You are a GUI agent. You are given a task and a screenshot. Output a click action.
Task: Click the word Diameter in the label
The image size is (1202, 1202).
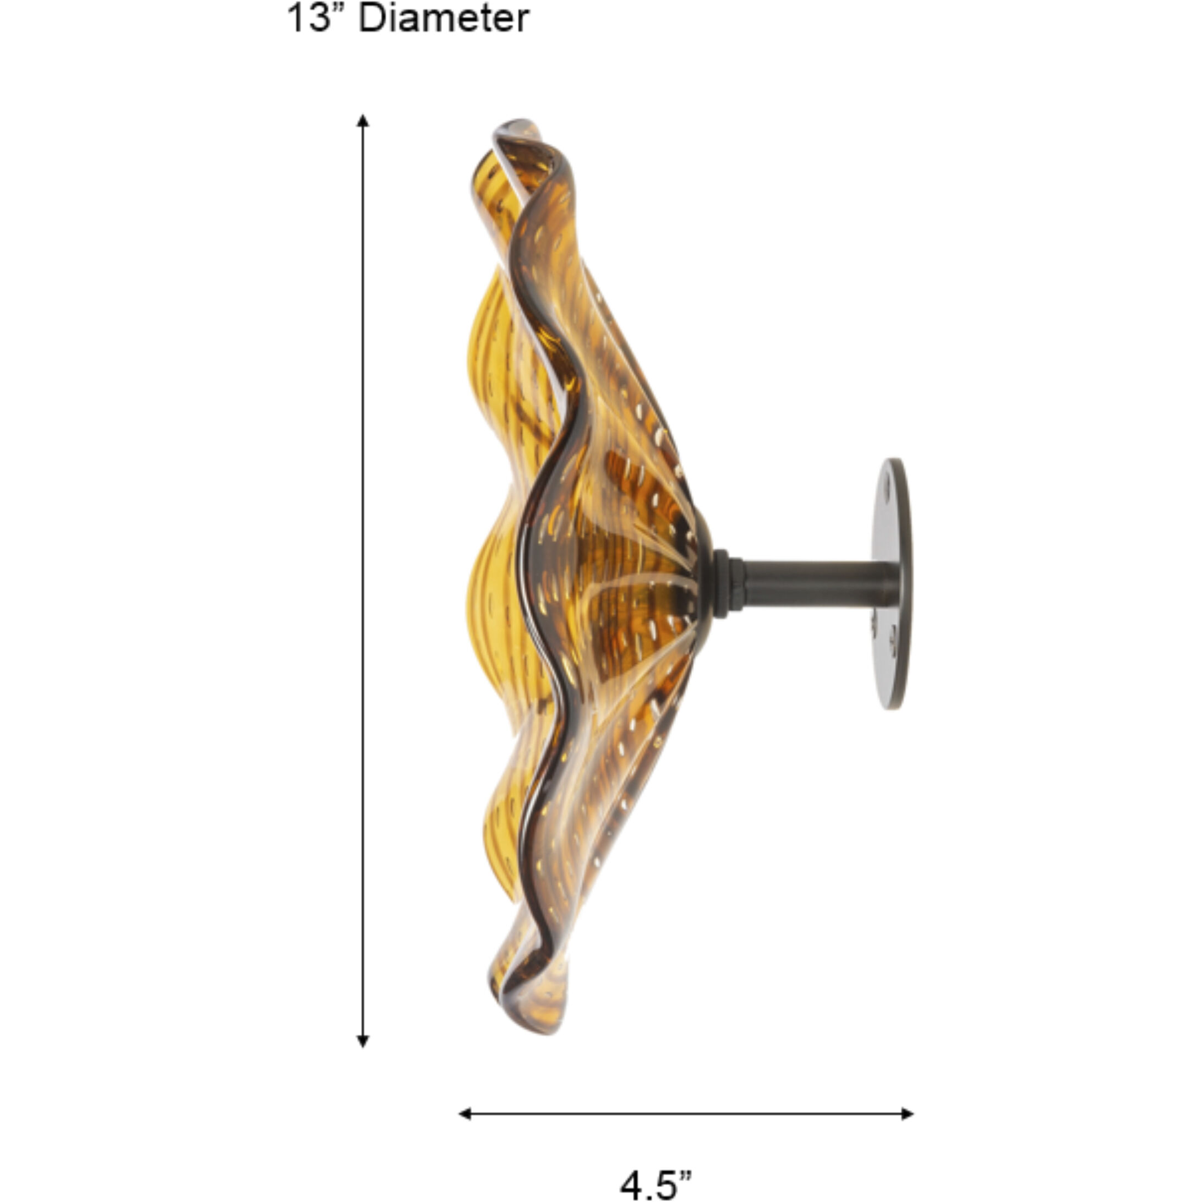444,19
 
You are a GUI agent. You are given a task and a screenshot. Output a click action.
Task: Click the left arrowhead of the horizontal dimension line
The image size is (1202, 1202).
464,1113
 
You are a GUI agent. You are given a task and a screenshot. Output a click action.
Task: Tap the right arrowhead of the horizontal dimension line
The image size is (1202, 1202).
908,1113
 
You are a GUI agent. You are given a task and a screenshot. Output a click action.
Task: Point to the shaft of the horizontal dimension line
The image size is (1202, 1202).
684,1113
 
